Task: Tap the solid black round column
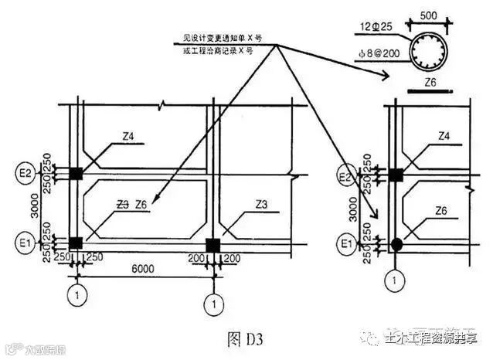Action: tap(396, 245)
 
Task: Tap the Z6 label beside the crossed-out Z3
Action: tap(141, 205)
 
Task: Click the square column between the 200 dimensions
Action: tap(212, 245)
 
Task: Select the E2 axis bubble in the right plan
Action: tap(348, 177)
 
